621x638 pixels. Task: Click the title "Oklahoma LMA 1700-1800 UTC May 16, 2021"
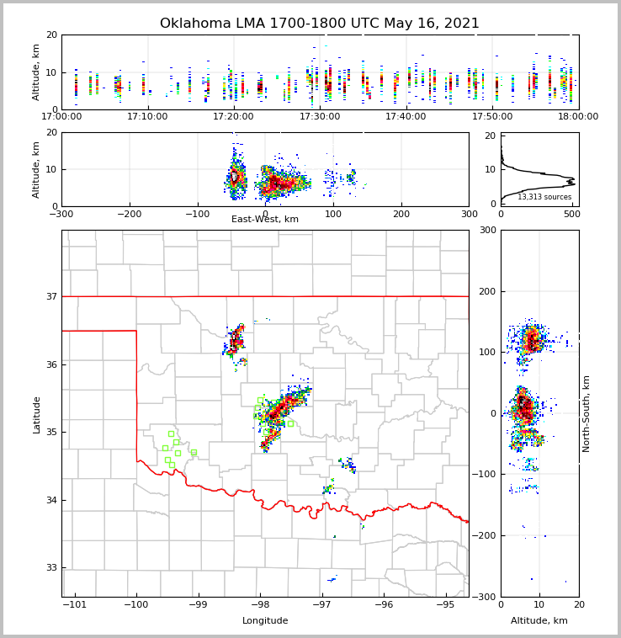point(320,24)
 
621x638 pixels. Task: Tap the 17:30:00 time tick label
point(320,116)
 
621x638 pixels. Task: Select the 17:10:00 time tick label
point(147,116)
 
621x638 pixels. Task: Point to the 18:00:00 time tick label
point(578,116)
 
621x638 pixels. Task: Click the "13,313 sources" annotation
point(544,197)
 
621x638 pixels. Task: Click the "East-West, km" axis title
point(265,220)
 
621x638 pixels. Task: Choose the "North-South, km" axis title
point(586,413)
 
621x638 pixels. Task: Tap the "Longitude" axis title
point(265,621)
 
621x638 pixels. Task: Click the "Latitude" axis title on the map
point(36,414)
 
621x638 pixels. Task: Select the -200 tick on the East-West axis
point(129,214)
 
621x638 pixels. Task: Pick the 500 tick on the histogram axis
point(571,214)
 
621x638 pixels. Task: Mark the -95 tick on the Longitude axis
point(446,604)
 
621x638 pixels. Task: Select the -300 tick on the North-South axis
point(486,597)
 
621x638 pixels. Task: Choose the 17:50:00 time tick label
point(492,116)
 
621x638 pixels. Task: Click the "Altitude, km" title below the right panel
point(539,621)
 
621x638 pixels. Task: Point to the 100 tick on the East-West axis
point(333,214)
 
